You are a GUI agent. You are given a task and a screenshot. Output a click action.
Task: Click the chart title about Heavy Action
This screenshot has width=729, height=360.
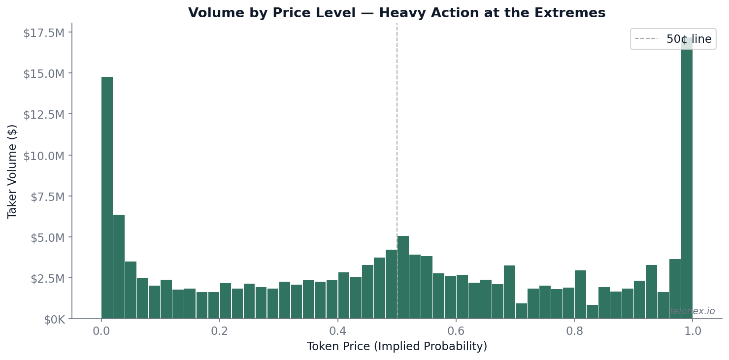pos(397,13)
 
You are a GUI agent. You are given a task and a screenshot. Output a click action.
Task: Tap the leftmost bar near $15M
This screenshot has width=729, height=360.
pos(107,197)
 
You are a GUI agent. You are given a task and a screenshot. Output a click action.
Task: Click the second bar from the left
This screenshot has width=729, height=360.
pos(119,266)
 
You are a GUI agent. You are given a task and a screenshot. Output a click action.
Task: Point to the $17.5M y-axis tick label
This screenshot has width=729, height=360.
pos(43,33)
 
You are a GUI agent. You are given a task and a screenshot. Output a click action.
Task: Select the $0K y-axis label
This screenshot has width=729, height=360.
pos(54,320)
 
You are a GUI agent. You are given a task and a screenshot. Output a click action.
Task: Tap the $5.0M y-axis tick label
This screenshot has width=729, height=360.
pos(47,237)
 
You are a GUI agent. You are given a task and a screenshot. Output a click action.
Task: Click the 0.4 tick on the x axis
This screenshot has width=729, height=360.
pos(338,331)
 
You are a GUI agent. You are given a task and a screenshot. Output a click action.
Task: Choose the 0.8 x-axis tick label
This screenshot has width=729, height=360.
pos(574,331)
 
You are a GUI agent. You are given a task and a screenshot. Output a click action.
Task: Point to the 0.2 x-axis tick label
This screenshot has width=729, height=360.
pos(220,331)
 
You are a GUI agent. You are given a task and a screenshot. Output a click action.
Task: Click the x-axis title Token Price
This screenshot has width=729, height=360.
pos(397,347)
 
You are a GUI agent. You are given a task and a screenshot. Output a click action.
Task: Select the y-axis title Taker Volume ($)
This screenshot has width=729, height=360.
pos(12,171)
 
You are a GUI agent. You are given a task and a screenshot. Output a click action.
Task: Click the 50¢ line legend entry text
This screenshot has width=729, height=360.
pos(689,39)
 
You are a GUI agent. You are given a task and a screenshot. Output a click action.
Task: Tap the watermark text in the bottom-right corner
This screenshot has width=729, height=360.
pos(692,311)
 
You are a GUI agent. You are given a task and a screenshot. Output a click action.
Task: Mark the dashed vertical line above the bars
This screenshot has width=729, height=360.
pos(397,123)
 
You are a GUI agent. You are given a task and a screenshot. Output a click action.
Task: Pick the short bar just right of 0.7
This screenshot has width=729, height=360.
pos(521,311)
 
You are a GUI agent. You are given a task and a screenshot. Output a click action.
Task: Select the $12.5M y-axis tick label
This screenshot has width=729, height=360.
pos(43,115)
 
